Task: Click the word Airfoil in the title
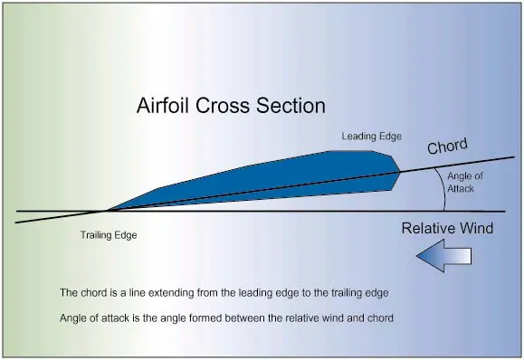pyautogui.click(x=164, y=106)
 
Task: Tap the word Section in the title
pyautogui.click(x=291, y=106)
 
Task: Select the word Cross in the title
pyautogui.click(x=223, y=106)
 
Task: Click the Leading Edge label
pyautogui.click(x=371, y=137)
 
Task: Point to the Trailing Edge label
pyautogui.click(x=109, y=235)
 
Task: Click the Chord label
pyautogui.click(x=447, y=147)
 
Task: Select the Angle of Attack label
pyautogui.click(x=465, y=183)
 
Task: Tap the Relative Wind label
pyautogui.click(x=447, y=228)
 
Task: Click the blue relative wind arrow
pyautogui.click(x=443, y=256)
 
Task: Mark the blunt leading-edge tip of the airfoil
pyautogui.click(x=400, y=173)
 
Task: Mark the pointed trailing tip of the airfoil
pyautogui.click(x=107, y=211)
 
